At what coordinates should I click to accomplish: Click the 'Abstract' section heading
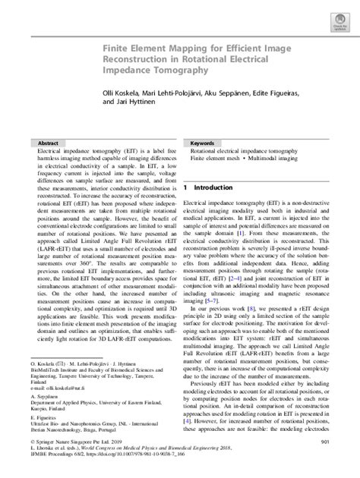pos(49,143)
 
